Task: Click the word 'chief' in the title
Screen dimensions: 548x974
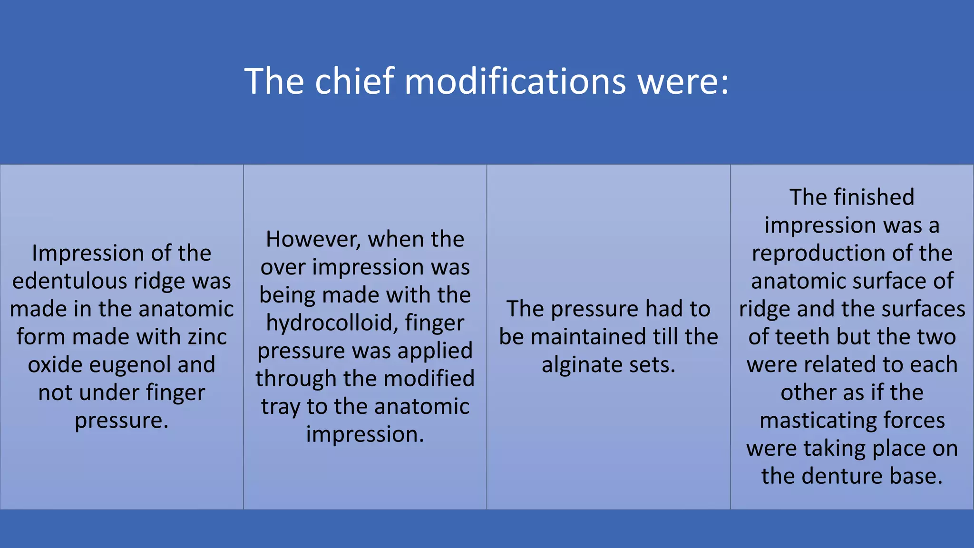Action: point(354,81)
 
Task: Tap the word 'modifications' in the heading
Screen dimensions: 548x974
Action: point(515,81)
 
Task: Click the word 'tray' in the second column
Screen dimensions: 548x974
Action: point(280,407)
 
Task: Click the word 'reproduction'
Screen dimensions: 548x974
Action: point(819,253)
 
